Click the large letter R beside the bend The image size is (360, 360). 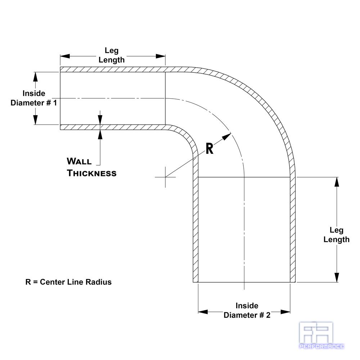(210, 149)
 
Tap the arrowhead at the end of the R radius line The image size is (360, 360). (226, 136)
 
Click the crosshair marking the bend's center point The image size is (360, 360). (165, 177)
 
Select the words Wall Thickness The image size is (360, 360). (91, 167)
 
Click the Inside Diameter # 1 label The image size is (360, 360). (34, 98)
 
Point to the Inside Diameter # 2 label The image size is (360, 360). (247, 310)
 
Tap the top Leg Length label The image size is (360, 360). (112, 55)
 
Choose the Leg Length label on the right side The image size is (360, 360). (336, 235)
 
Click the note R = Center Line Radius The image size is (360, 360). (68, 282)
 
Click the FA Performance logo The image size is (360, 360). (321, 336)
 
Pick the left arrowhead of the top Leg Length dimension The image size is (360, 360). (65, 56)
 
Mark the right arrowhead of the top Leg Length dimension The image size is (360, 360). (161, 56)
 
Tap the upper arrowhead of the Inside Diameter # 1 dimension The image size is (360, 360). (35, 77)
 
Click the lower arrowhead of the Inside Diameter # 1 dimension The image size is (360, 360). (35, 120)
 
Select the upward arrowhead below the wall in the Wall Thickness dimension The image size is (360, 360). (100, 135)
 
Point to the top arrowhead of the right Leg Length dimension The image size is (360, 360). (337, 182)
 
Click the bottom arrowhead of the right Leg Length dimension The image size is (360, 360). (337, 278)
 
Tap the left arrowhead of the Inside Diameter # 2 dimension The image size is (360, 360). (203, 312)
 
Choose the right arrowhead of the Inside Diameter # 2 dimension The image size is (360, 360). (285, 312)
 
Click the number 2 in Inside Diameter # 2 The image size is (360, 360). (268, 315)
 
